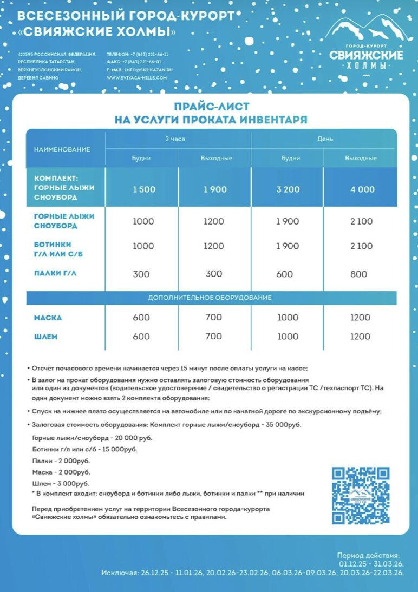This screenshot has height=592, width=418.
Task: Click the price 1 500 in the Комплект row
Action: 143,189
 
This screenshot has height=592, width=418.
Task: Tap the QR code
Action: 361,496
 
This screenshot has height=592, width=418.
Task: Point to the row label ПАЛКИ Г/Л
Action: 55,273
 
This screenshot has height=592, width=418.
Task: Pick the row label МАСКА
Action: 48,318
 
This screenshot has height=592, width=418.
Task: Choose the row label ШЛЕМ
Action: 46,337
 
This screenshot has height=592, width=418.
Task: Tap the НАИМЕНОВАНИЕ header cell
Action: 62,149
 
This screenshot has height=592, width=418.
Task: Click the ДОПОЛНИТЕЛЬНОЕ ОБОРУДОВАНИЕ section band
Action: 210,298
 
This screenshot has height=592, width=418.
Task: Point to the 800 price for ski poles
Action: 358,274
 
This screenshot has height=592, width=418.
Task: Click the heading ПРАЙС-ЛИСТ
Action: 211,107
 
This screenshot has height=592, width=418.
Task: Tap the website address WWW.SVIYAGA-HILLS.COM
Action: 137,77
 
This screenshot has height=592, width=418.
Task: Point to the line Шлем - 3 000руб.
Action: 61,483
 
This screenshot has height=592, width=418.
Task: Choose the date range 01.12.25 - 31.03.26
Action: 371,564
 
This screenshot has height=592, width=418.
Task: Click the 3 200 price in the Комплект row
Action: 288,189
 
